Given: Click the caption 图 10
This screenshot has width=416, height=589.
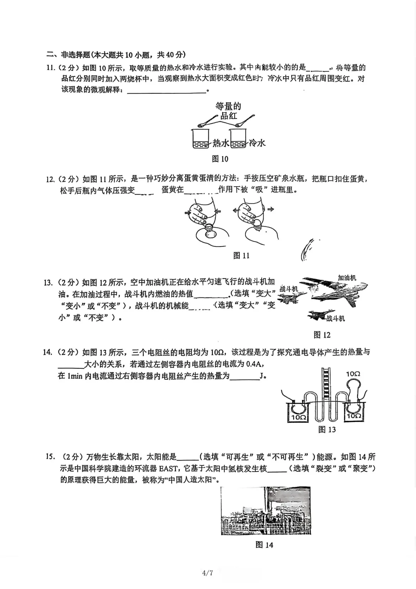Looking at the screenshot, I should (x=220, y=159).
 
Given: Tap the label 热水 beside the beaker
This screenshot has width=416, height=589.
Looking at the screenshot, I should (x=221, y=143).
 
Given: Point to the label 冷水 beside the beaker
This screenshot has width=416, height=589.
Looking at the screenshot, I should (x=257, y=143).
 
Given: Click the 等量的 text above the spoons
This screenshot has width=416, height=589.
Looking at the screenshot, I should (x=228, y=106).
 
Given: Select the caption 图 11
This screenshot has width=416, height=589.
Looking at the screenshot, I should (x=242, y=255).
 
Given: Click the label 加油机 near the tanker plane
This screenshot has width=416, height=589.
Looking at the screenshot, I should (x=347, y=278).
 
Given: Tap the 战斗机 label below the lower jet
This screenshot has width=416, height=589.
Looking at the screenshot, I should (x=335, y=318).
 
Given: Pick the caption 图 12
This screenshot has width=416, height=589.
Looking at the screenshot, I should (x=322, y=335).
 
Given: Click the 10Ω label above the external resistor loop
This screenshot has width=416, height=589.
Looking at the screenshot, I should (x=353, y=374).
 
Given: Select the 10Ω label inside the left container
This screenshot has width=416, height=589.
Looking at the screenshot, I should (x=299, y=417).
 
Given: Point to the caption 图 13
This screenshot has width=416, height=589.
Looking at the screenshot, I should (x=327, y=430).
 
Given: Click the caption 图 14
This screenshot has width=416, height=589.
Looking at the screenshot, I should (x=264, y=545).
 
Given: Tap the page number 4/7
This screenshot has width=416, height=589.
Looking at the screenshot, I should (x=208, y=573).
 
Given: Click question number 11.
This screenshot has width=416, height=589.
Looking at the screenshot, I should (x=50, y=68).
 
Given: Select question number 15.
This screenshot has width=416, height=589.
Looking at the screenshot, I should (x=50, y=457).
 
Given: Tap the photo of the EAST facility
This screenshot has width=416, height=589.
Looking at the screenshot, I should (x=265, y=510).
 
